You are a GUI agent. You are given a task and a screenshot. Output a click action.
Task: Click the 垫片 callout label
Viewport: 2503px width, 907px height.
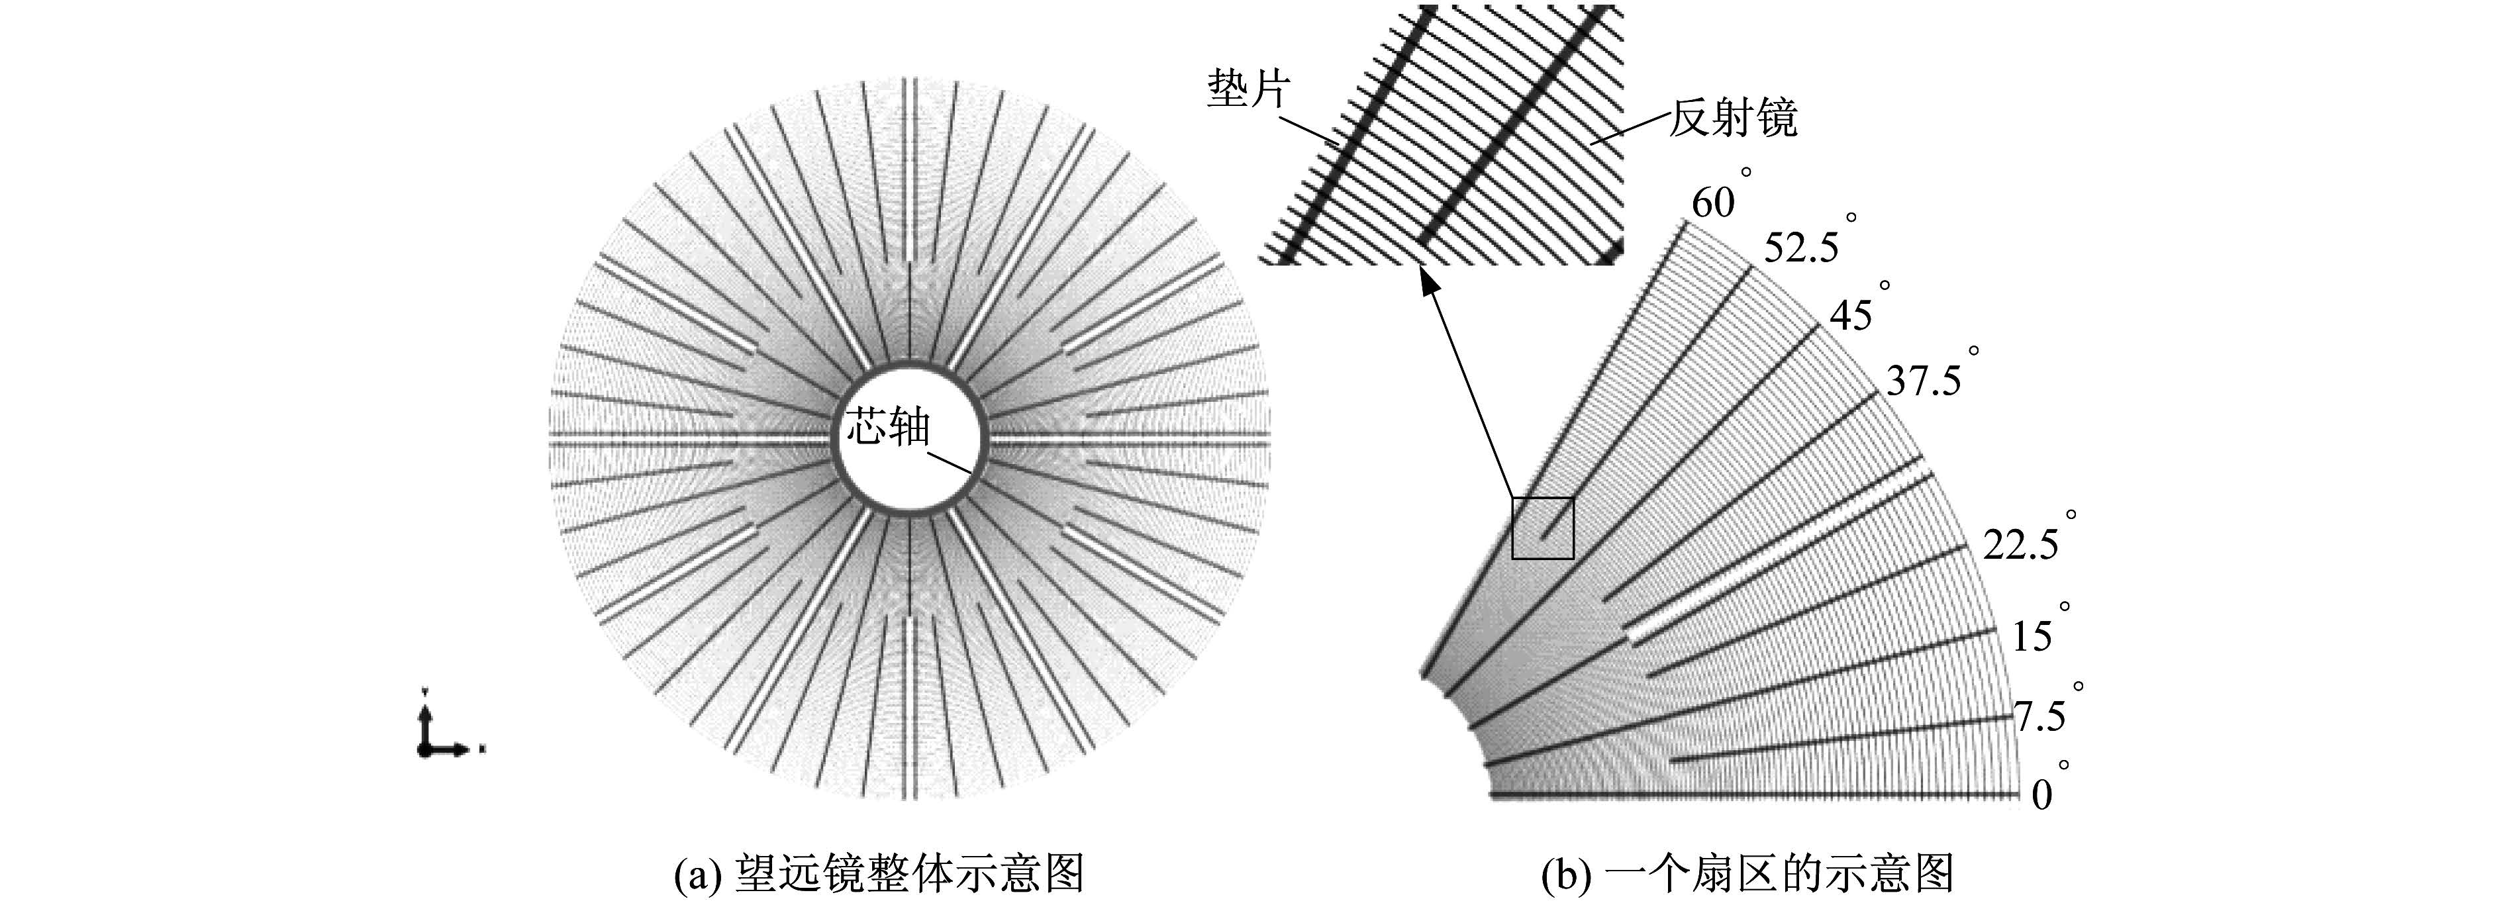pyautogui.click(x=1250, y=89)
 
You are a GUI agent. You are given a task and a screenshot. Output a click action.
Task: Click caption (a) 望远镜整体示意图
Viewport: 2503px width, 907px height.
pyautogui.click(x=879, y=873)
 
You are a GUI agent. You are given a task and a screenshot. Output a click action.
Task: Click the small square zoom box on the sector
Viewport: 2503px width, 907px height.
pyautogui.click(x=1542, y=498)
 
